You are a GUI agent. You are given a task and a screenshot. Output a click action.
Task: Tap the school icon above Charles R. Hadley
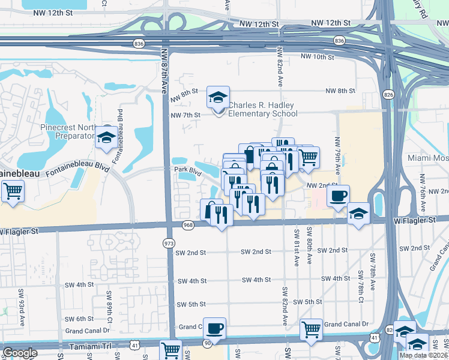(218, 97)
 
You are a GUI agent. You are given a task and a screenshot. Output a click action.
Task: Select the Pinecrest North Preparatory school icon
(106, 137)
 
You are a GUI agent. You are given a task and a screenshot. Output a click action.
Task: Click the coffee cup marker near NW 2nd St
(338, 195)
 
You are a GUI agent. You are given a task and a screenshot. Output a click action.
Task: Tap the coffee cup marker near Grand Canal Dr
(214, 328)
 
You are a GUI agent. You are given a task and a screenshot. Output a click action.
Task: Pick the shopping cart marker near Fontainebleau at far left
(12, 192)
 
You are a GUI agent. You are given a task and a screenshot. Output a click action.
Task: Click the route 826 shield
(388, 95)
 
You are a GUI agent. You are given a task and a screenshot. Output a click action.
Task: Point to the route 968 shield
(187, 224)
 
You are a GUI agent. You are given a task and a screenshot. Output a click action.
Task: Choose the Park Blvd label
(187, 170)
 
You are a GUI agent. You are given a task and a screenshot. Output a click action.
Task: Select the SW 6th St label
(80, 319)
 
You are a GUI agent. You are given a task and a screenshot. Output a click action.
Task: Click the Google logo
(20, 353)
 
